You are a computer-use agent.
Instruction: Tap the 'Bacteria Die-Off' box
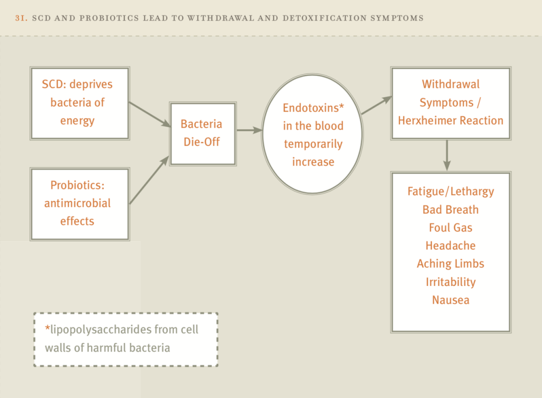pyautogui.click(x=202, y=133)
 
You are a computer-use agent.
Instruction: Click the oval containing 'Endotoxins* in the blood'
pyautogui.click(x=313, y=134)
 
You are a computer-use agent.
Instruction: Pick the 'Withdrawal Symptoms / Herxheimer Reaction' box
pyautogui.click(x=450, y=103)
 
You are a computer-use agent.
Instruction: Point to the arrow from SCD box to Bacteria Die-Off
pyautogui.click(x=149, y=115)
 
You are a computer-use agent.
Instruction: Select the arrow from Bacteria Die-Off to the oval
pyautogui.click(x=249, y=130)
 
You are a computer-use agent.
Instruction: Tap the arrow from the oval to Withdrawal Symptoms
pyautogui.click(x=376, y=105)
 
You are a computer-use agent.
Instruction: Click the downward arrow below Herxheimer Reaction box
pyautogui.click(x=447, y=155)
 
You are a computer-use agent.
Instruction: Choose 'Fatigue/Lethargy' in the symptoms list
pyautogui.click(x=450, y=192)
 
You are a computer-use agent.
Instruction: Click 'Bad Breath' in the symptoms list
pyautogui.click(x=450, y=210)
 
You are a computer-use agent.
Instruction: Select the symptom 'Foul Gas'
pyautogui.click(x=450, y=228)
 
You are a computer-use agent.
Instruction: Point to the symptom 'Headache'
pyautogui.click(x=450, y=246)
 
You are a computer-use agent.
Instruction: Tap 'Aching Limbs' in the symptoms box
pyautogui.click(x=450, y=264)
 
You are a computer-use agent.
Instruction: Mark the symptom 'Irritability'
pyautogui.click(x=450, y=282)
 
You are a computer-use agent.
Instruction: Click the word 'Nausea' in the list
pyautogui.click(x=450, y=300)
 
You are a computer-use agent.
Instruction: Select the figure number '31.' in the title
pyautogui.click(x=22, y=18)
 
